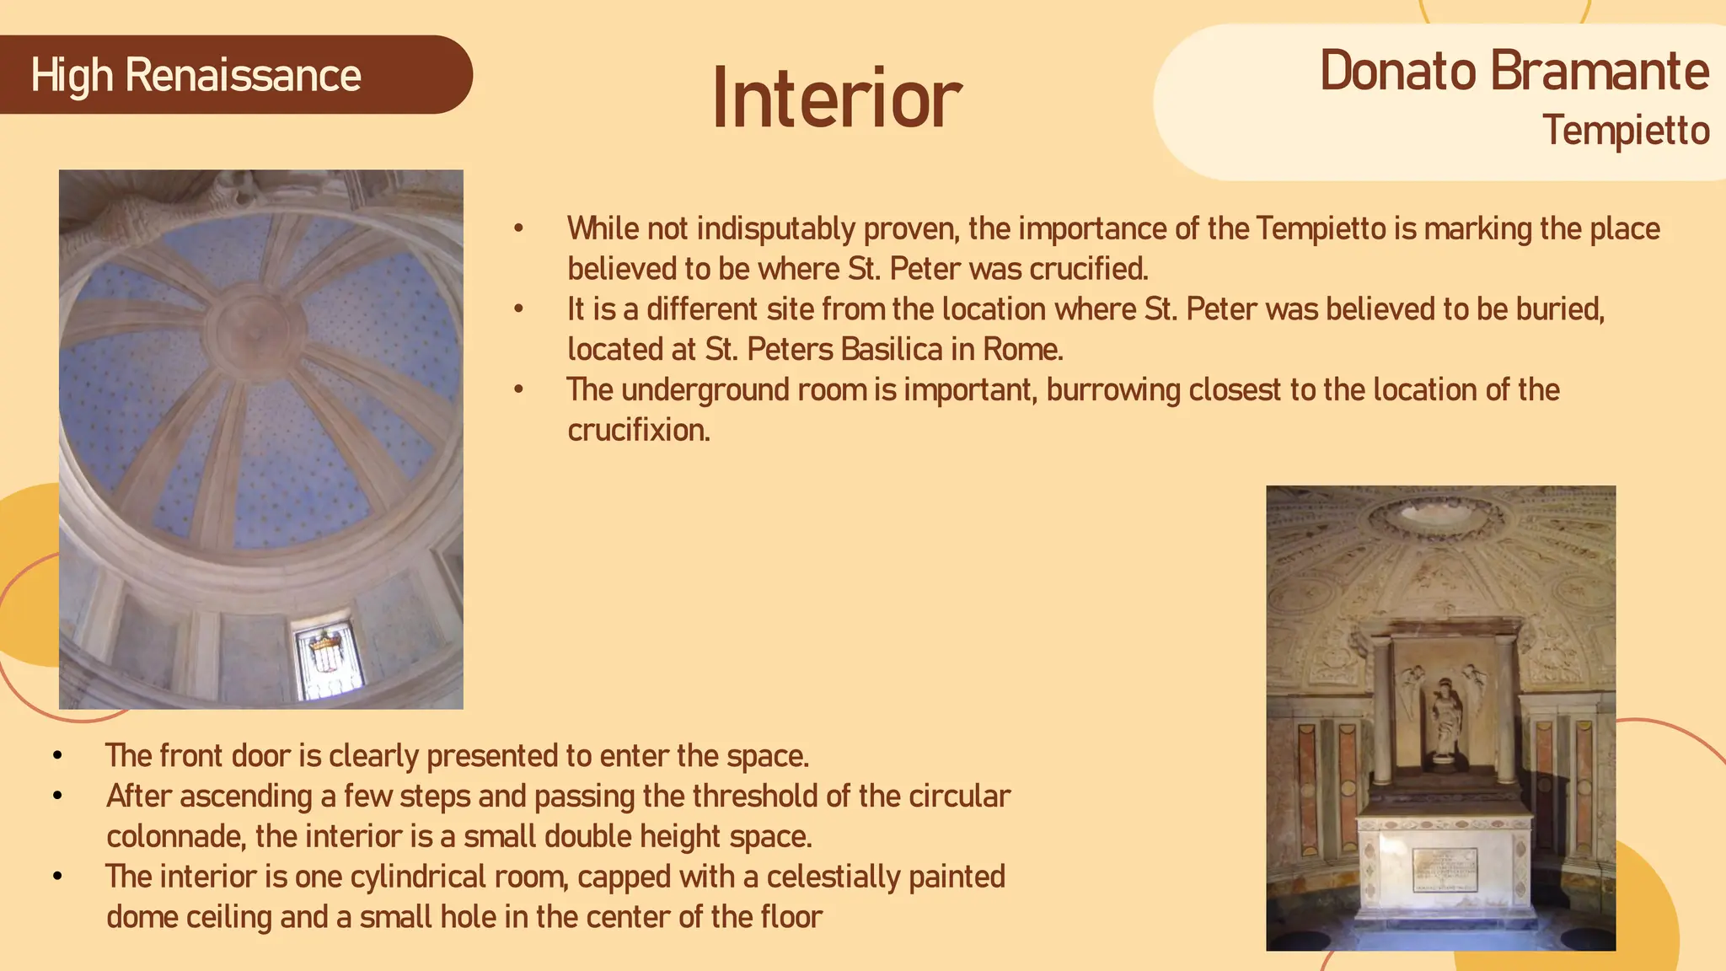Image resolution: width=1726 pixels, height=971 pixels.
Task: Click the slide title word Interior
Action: pos(836,99)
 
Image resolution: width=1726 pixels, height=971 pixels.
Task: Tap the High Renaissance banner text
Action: pos(196,76)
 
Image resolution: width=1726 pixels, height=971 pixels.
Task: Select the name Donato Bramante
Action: pos(1514,71)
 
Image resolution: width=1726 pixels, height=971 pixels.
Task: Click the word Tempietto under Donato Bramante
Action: pos(1625,131)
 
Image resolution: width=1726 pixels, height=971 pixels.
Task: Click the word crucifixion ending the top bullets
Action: pos(638,431)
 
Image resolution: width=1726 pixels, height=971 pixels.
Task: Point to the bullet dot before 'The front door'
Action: pos(57,756)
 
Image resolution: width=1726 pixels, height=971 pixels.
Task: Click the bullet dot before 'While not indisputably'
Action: pos(519,229)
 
